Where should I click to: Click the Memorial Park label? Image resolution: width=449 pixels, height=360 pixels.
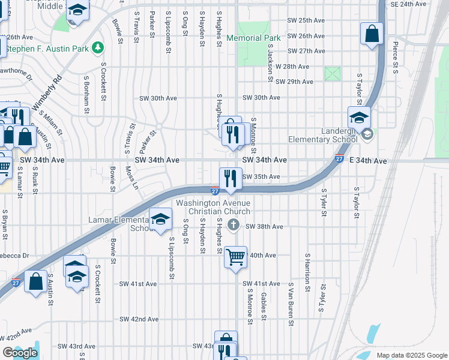pos(253,38)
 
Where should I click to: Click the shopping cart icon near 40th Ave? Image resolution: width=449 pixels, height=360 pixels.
pos(236,257)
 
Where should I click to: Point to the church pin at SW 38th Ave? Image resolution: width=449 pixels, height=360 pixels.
pos(235,226)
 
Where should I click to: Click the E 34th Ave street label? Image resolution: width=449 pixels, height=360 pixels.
pos(368,161)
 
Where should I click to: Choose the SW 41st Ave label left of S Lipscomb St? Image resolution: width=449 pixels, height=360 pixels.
pos(137,284)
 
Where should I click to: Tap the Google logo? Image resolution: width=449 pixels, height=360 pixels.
pos(19,353)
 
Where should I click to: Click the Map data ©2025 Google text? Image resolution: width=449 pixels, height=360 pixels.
pos(411,355)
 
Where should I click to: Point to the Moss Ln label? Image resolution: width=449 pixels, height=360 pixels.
pos(131,179)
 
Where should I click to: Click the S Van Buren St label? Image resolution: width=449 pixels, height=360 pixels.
pos(291,304)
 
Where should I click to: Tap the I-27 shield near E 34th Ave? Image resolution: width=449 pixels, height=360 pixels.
pos(339,159)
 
